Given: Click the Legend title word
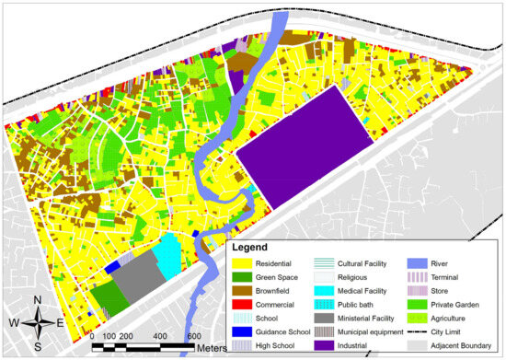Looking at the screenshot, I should (x=249, y=248).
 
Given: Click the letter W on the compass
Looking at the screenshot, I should (x=15, y=322).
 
